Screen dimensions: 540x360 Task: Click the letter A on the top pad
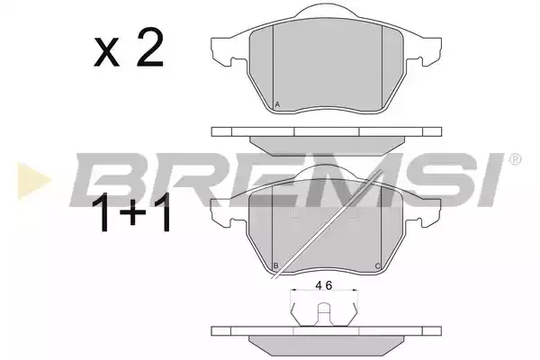(x=278, y=104)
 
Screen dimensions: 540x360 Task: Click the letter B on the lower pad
(x=276, y=265)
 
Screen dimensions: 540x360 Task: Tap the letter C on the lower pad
(x=378, y=266)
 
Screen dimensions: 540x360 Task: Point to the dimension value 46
(x=324, y=285)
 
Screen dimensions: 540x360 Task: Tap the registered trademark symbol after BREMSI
(x=515, y=159)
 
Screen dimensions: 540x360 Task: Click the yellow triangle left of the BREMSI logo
(x=32, y=180)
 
